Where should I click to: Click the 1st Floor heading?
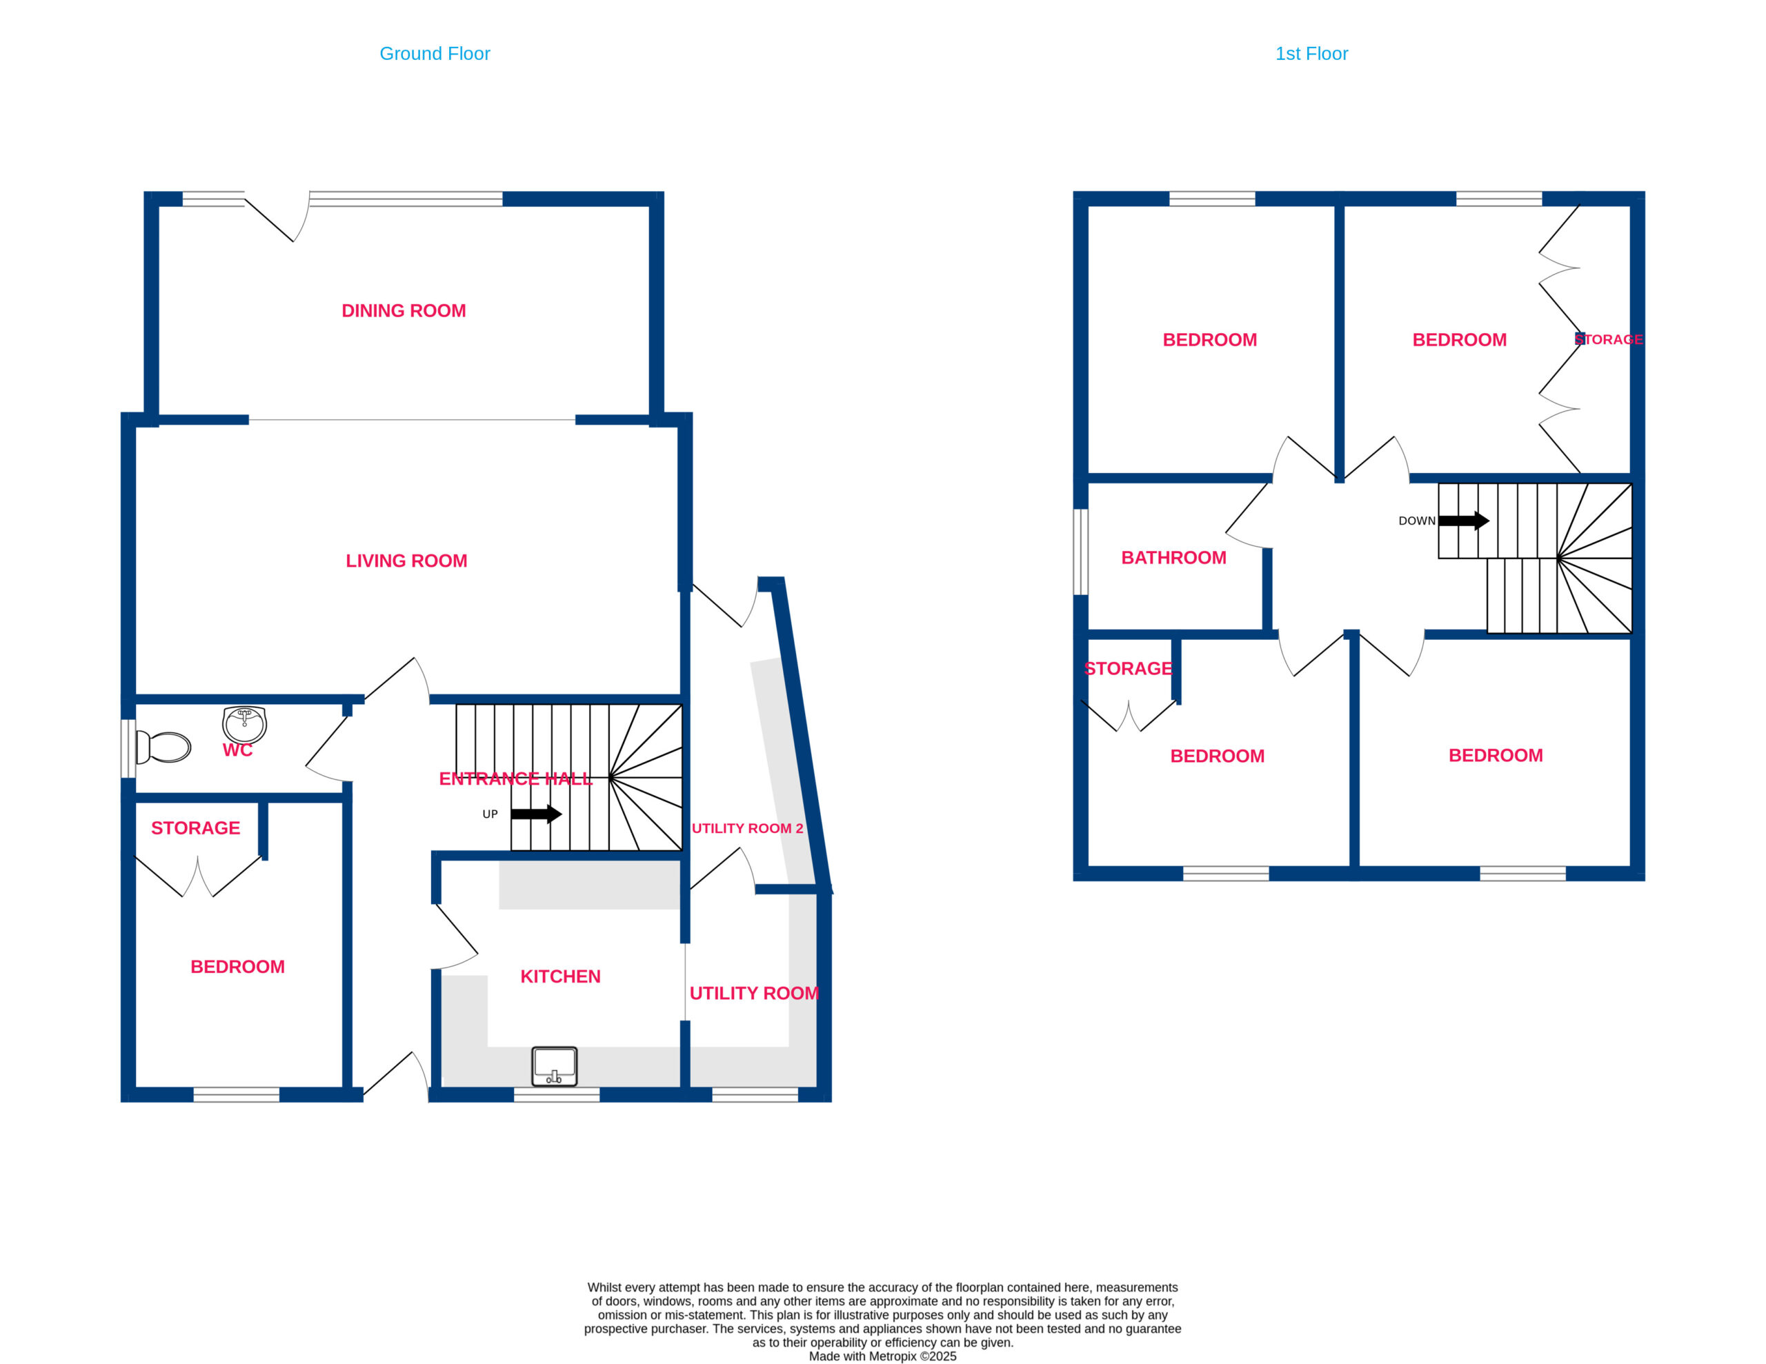point(1311,53)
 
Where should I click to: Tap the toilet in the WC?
point(163,747)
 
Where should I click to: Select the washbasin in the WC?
point(244,725)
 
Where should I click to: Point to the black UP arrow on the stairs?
point(536,814)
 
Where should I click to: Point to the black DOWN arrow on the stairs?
point(1464,521)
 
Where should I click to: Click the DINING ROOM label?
point(404,310)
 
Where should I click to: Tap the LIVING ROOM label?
point(406,561)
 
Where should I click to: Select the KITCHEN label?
point(560,976)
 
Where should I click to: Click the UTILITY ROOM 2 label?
point(747,828)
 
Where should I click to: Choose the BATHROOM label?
point(1173,557)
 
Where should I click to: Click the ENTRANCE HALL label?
point(515,779)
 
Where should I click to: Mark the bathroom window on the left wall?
point(1080,552)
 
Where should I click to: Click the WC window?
point(128,748)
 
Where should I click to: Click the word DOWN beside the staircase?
point(1417,521)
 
